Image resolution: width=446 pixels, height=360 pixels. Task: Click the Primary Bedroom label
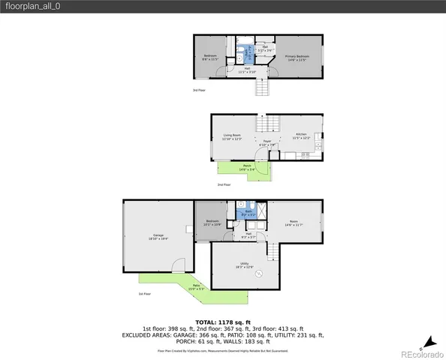[297, 58]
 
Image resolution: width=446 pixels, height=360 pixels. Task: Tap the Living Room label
[231, 137]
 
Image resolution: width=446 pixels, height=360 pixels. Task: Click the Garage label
[158, 237]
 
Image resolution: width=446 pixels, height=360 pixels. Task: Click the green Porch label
[247, 169]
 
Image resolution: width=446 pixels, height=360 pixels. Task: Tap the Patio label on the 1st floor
[195, 286]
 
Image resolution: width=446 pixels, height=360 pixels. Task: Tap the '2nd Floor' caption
[224, 184]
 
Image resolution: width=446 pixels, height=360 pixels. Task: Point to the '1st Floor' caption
[145, 294]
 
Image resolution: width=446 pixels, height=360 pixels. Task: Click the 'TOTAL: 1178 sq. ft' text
[223, 321]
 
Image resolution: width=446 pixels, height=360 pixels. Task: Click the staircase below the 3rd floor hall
[262, 88]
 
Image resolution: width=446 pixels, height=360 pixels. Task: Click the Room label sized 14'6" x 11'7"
[294, 223]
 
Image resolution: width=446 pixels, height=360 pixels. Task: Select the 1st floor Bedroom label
[211, 223]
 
